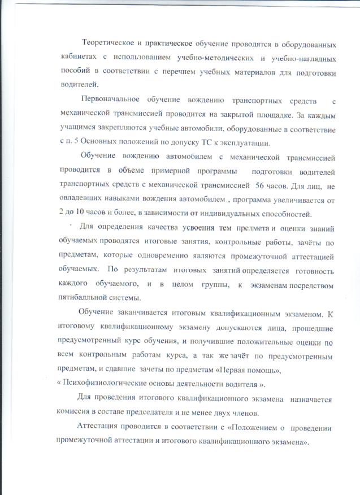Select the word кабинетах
point(79,58)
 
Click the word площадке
point(263,114)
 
